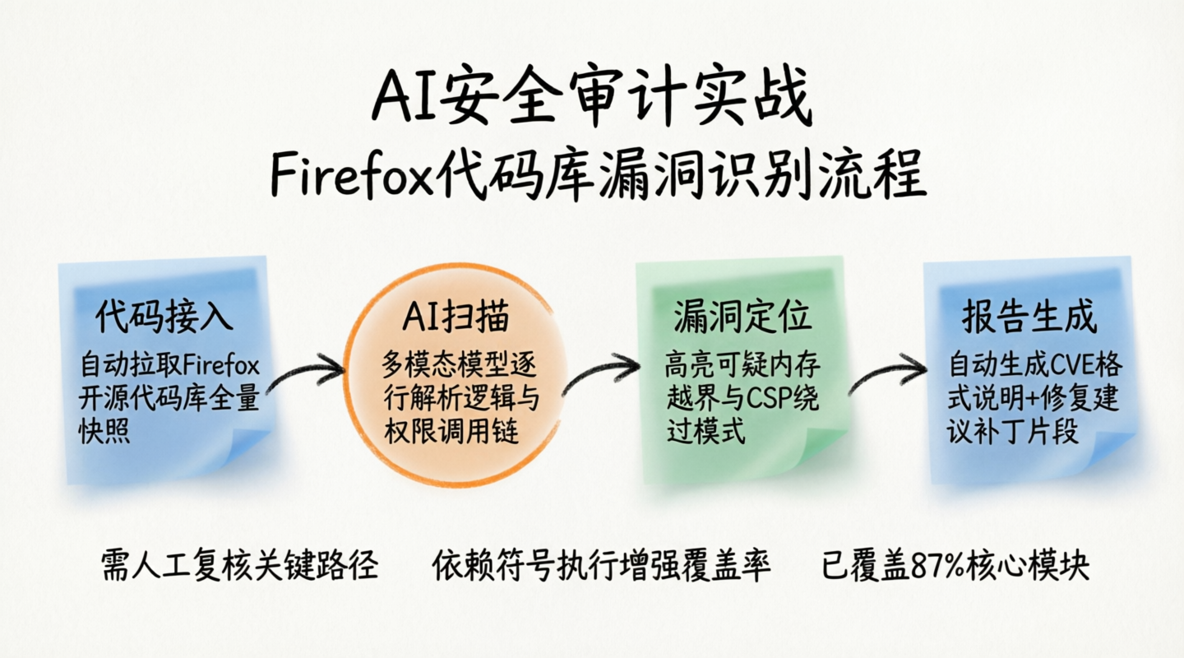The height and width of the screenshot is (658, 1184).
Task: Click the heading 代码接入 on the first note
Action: pyautogui.click(x=164, y=317)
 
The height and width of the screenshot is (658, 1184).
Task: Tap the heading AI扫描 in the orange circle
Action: pyautogui.click(x=456, y=317)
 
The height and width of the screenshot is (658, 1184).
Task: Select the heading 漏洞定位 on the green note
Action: pyautogui.click(x=742, y=317)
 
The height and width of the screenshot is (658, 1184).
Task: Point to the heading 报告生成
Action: pyautogui.click(x=1029, y=317)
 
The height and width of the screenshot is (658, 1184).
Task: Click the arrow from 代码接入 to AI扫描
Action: pyautogui.click(x=307, y=370)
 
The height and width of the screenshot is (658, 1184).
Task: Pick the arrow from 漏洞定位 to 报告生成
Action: pyautogui.click(x=888, y=370)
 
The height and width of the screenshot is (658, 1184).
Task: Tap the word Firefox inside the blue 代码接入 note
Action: pyautogui.click(x=221, y=365)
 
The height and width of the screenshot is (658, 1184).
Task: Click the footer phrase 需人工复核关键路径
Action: pyautogui.click(x=239, y=565)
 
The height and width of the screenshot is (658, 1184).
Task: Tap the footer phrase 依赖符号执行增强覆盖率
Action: pyautogui.click(x=602, y=565)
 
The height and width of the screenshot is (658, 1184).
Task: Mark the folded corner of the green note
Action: pyautogui.click(x=825, y=450)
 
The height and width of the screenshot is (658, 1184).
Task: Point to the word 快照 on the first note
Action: pyautogui.click(x=104, y=432)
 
